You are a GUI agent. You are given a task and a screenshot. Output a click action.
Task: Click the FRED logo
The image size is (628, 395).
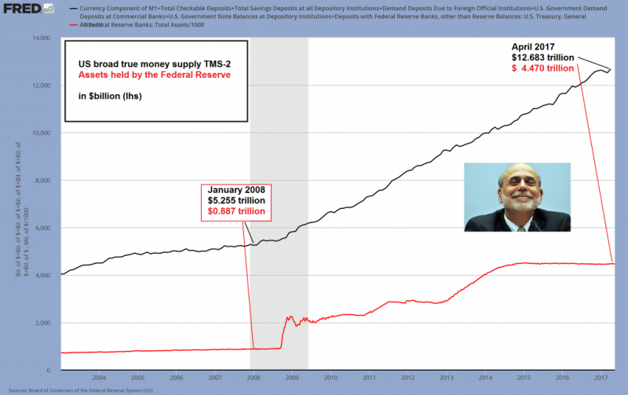point(20,9)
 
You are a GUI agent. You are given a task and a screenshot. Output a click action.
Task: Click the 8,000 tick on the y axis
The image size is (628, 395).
point(40,180)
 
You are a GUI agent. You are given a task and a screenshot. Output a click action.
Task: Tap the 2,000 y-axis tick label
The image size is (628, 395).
point(40,323)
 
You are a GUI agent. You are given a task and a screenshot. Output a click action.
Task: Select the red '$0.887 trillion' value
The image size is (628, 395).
point(237,211)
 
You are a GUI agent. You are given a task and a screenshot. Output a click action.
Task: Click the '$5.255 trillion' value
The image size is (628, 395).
point(237,200)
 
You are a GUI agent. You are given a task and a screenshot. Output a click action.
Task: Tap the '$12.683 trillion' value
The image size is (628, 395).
point(538,58)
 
